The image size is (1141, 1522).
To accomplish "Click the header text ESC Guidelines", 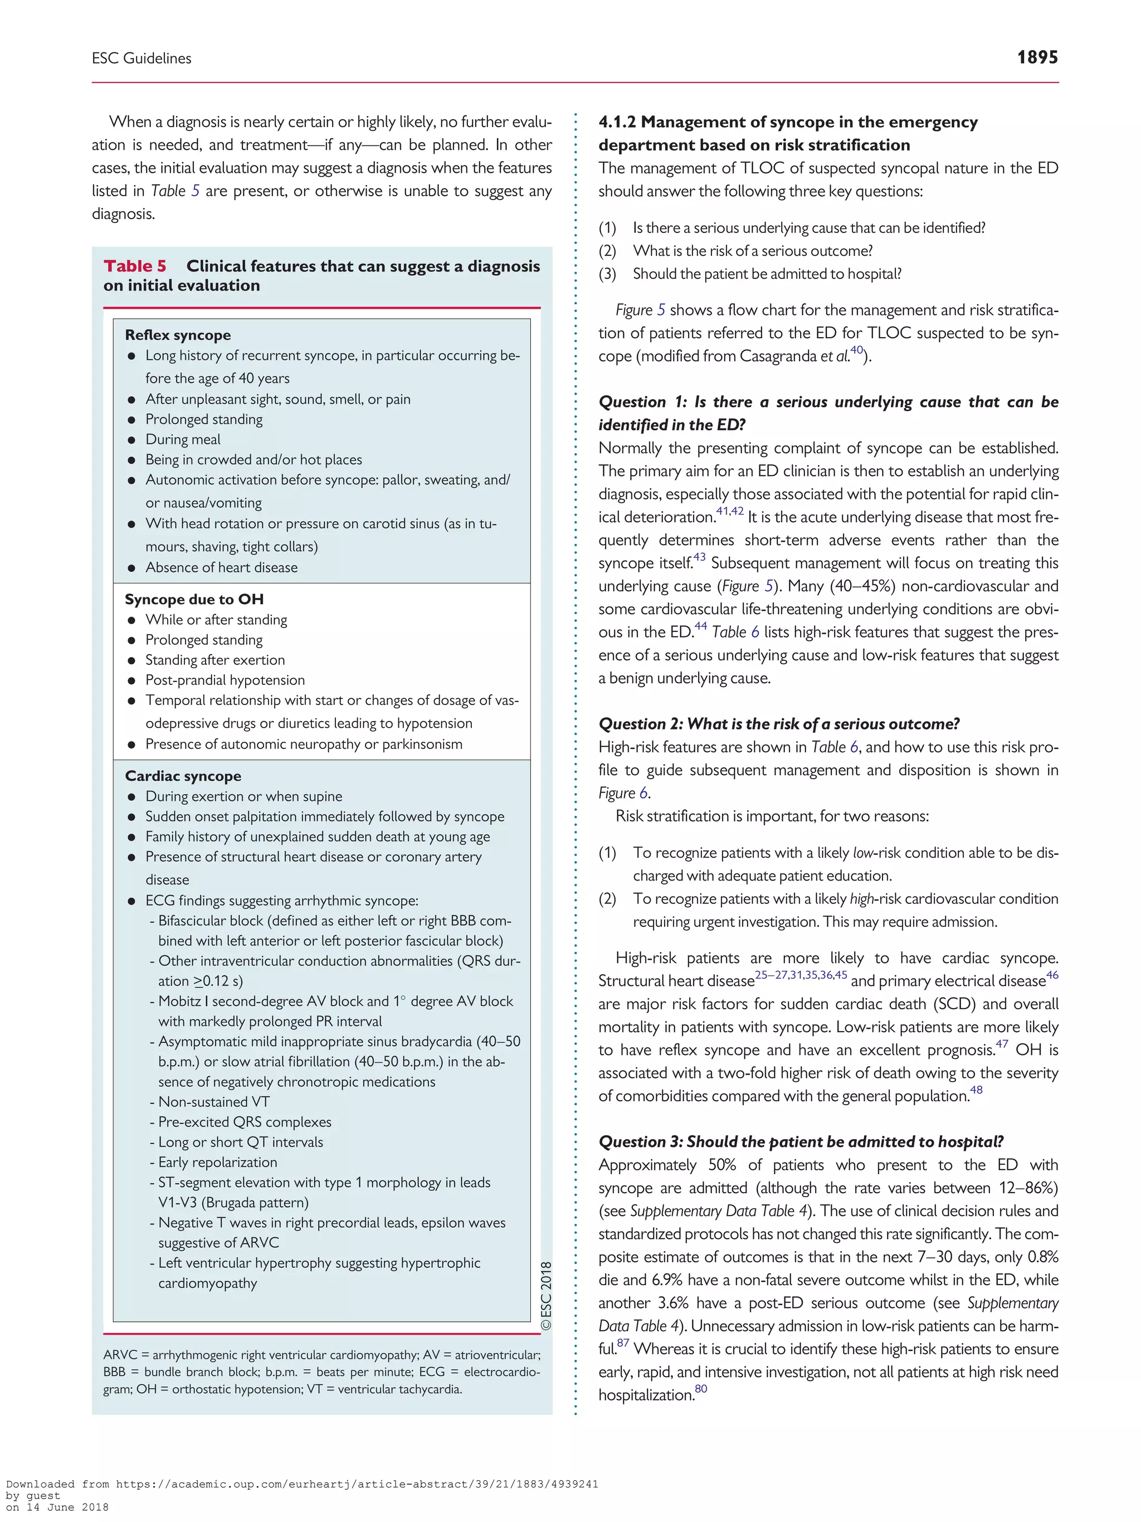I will (x=142, y=59).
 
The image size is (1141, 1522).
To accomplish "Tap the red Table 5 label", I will (x=135, y=266).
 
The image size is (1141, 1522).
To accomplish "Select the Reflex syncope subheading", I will (x=177, y=335).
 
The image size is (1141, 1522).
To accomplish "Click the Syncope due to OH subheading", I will (x=194, y=599).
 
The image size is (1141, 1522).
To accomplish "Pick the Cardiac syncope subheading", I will (x=183, y=776).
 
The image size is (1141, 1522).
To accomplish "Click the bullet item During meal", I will (x=183, y=440).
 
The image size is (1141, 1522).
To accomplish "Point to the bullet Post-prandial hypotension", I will (x=225, y=680).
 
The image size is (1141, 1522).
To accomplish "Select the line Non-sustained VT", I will (x=214, y=1102).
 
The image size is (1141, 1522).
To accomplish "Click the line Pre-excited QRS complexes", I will (x=244, y=1122).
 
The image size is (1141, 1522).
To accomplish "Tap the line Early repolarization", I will (x=217, y=1162).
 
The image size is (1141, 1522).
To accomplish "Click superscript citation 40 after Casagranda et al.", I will (x=856, y=350).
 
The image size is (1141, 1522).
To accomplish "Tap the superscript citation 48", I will (x=976, y=1090).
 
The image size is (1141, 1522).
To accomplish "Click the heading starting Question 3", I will (x=801, y=1142).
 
